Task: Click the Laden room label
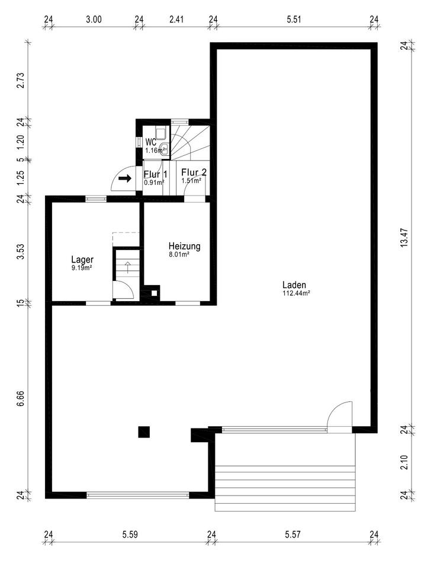[294, 285]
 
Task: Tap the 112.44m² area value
[296, 293]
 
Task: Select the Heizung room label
[185, 247]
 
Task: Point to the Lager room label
[82, 260]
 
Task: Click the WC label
[151, 142]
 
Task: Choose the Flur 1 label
[156, 174]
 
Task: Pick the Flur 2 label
[194, 172]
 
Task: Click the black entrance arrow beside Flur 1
[125, 178]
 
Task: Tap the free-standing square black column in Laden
[144, 432]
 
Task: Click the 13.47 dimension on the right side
[404, 237]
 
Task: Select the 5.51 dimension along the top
[294, 19]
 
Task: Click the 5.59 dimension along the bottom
[130, 534]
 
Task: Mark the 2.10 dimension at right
[404, 462]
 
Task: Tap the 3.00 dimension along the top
[94, 19]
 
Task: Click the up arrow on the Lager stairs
[128, 267]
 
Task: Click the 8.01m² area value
[179, 254]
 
